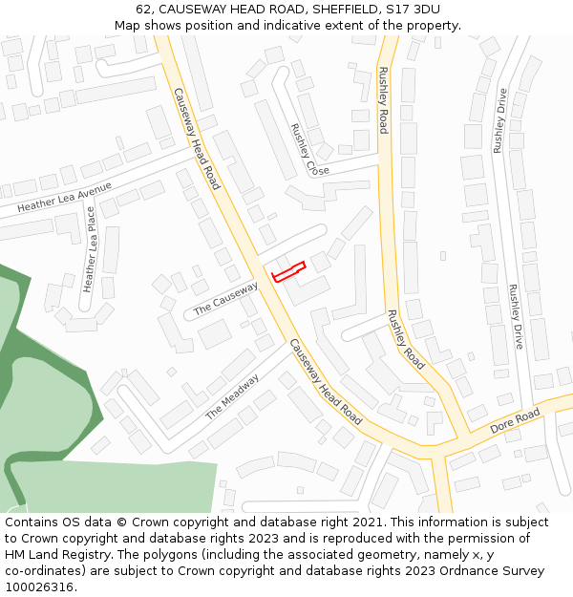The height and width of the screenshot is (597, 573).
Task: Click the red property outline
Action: pos(288,271)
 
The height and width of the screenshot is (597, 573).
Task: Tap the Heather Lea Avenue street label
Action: pos(64,197)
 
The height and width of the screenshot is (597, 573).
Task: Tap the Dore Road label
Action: pos(515,420)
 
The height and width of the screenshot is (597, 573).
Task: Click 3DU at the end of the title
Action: pos(425,9)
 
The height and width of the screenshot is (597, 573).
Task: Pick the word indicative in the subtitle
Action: pos(315,25)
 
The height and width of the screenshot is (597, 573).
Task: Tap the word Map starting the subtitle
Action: pos(127,25)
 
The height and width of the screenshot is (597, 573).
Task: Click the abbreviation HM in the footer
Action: pos(16,555)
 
